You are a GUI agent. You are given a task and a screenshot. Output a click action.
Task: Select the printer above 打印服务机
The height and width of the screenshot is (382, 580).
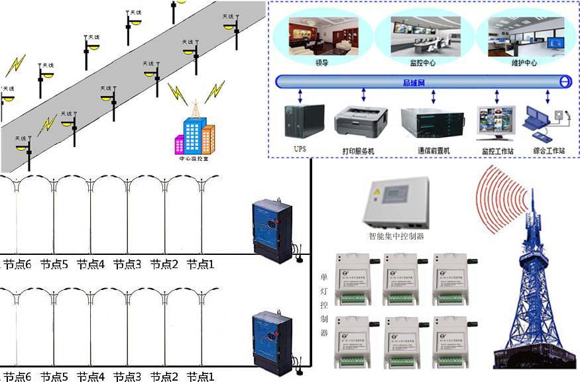(359, 122)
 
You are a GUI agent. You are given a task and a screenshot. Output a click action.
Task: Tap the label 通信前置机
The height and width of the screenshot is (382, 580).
(434, 151)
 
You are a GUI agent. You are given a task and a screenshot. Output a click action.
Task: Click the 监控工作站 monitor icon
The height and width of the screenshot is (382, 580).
(496, 123)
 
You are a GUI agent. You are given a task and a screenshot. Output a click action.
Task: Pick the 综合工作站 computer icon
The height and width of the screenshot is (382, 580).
(545, 124)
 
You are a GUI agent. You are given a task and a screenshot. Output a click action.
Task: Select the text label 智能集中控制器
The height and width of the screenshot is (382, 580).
(396, 236)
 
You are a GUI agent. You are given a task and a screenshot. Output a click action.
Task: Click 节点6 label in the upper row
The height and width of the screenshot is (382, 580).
(17, 264)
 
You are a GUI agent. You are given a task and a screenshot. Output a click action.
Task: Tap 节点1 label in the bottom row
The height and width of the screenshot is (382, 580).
(200, 377)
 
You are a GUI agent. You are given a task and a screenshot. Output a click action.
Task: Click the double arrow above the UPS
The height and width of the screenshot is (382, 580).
(300, 96)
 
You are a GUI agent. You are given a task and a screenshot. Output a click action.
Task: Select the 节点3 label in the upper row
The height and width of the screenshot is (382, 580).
(127, 264)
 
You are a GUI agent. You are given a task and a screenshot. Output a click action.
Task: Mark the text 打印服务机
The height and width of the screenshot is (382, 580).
(358, 151)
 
